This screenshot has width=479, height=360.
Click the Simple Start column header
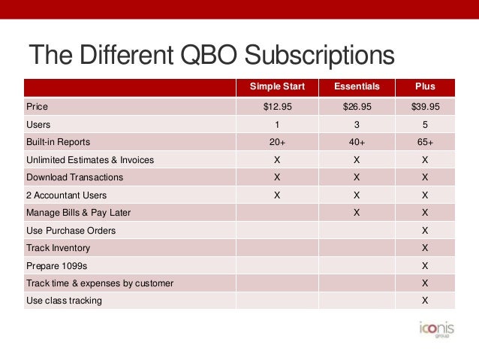pos(276,86)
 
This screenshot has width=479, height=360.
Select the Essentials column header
pos(357,86)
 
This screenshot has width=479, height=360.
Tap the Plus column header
pos(425,86)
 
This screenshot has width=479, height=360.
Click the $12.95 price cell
pos(276,107)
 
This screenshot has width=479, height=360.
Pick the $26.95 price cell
pos(357,107)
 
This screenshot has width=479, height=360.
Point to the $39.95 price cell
pos(425,107)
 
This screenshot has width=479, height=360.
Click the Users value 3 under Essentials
pos(357,125)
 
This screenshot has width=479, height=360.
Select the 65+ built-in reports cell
pos(425,142)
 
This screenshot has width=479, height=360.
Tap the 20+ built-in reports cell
pos(276,142)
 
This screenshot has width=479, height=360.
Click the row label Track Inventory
pos(58,248)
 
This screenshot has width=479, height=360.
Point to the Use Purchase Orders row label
pos(71,230)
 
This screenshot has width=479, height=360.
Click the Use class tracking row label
pos(64,301)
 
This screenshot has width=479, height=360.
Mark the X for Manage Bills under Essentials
pos(357,213)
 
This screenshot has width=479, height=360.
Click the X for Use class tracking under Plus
pos(425,301)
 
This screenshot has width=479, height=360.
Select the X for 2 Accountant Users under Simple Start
pos(276,195)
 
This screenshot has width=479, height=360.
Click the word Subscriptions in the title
pos(321,56)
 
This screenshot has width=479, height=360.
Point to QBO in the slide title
pos(212,56)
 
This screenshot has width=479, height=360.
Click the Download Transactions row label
pos(74,177)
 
